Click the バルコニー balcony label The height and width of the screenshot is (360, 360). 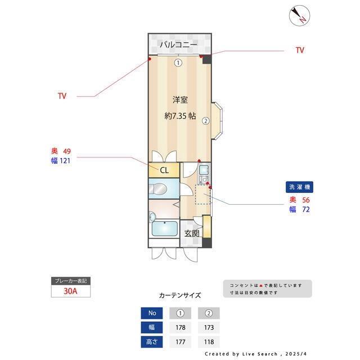[178, 44]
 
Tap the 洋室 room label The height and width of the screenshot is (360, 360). [179, 100]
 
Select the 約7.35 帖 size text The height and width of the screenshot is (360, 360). [179, 116]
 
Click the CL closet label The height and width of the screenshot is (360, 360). [164, 169]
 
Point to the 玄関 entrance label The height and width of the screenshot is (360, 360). [192, 233]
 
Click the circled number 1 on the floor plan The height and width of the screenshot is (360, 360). [178, 62]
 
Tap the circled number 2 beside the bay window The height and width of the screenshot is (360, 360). [206, 120]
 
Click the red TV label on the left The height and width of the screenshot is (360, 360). [62, 96]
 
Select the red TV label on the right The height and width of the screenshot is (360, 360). [300, 50]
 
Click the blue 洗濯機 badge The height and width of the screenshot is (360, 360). [300, 187]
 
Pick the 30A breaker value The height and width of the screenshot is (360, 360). [71, 291]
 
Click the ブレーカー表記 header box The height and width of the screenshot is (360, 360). [71, 281]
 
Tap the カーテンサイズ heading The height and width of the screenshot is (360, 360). [179, 295]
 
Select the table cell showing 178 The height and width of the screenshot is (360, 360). [181, 327]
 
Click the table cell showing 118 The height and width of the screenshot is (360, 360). [209, 341]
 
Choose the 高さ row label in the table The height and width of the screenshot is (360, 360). [151, 341]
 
